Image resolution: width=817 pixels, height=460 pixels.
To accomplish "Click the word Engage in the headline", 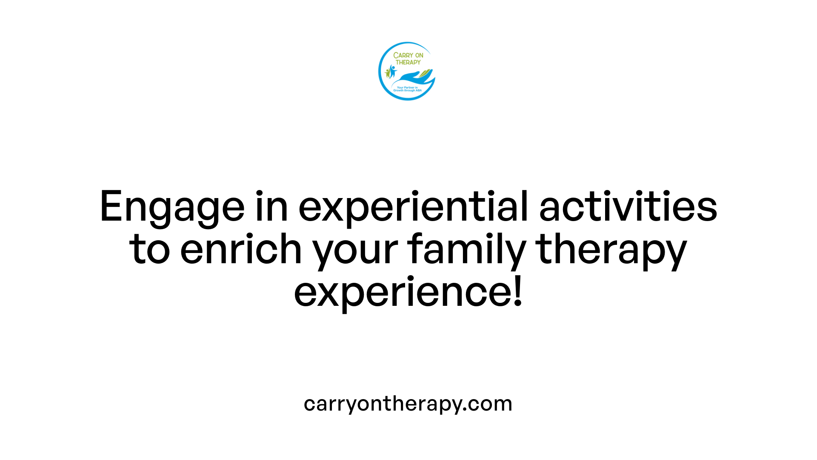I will [x=172, y=207].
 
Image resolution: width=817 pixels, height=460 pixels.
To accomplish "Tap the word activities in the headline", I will [x=628, y=207].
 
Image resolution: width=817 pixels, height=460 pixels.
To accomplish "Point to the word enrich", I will [x=241, y=249].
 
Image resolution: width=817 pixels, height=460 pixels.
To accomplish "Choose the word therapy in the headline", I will [x=611, y=250].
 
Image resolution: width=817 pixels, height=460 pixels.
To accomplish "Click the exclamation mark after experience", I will [x=518, y=292].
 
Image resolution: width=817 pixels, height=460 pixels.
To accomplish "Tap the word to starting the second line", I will [x=149, y=250].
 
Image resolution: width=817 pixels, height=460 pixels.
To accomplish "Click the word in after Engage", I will [x=271, y=207].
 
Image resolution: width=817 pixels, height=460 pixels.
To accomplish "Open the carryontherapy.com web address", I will [x=408, y=403].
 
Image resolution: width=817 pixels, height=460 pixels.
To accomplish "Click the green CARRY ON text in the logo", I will [x=408, y=55].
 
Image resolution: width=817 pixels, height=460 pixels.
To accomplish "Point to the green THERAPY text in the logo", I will [x=408, y=62].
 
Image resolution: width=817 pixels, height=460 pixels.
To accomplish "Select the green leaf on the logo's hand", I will [x=426, y=73].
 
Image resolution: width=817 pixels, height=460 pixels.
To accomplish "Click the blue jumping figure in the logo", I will [x=392, y=71].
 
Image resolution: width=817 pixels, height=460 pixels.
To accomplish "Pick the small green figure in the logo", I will [x=388, y=73].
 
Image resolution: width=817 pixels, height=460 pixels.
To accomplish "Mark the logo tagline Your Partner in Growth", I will [x=407, y=89].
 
